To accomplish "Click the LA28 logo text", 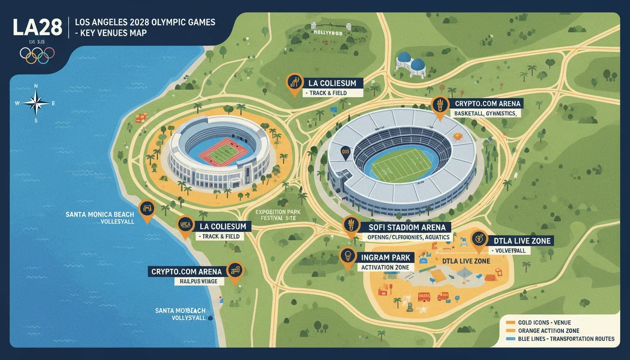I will pyautogui.click(x=37, y=27).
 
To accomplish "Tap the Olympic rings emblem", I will pyautogui.click(x=37, y=55).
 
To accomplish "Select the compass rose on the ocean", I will pyautogui.click(x=36, y=102).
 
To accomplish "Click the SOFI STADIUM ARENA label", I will pyautogui.click(x=406, y=227).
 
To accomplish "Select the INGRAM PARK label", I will pyautogui.click(x=385, y=257).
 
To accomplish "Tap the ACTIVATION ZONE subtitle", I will pyautogui.click(x=385, y=267).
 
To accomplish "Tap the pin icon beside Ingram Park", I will pyautogui.click(x=347, y=257).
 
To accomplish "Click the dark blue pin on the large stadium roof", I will pyautogui.click(x=345, y=152).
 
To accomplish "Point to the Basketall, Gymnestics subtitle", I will pyautogui.click(x=485, y=113).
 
